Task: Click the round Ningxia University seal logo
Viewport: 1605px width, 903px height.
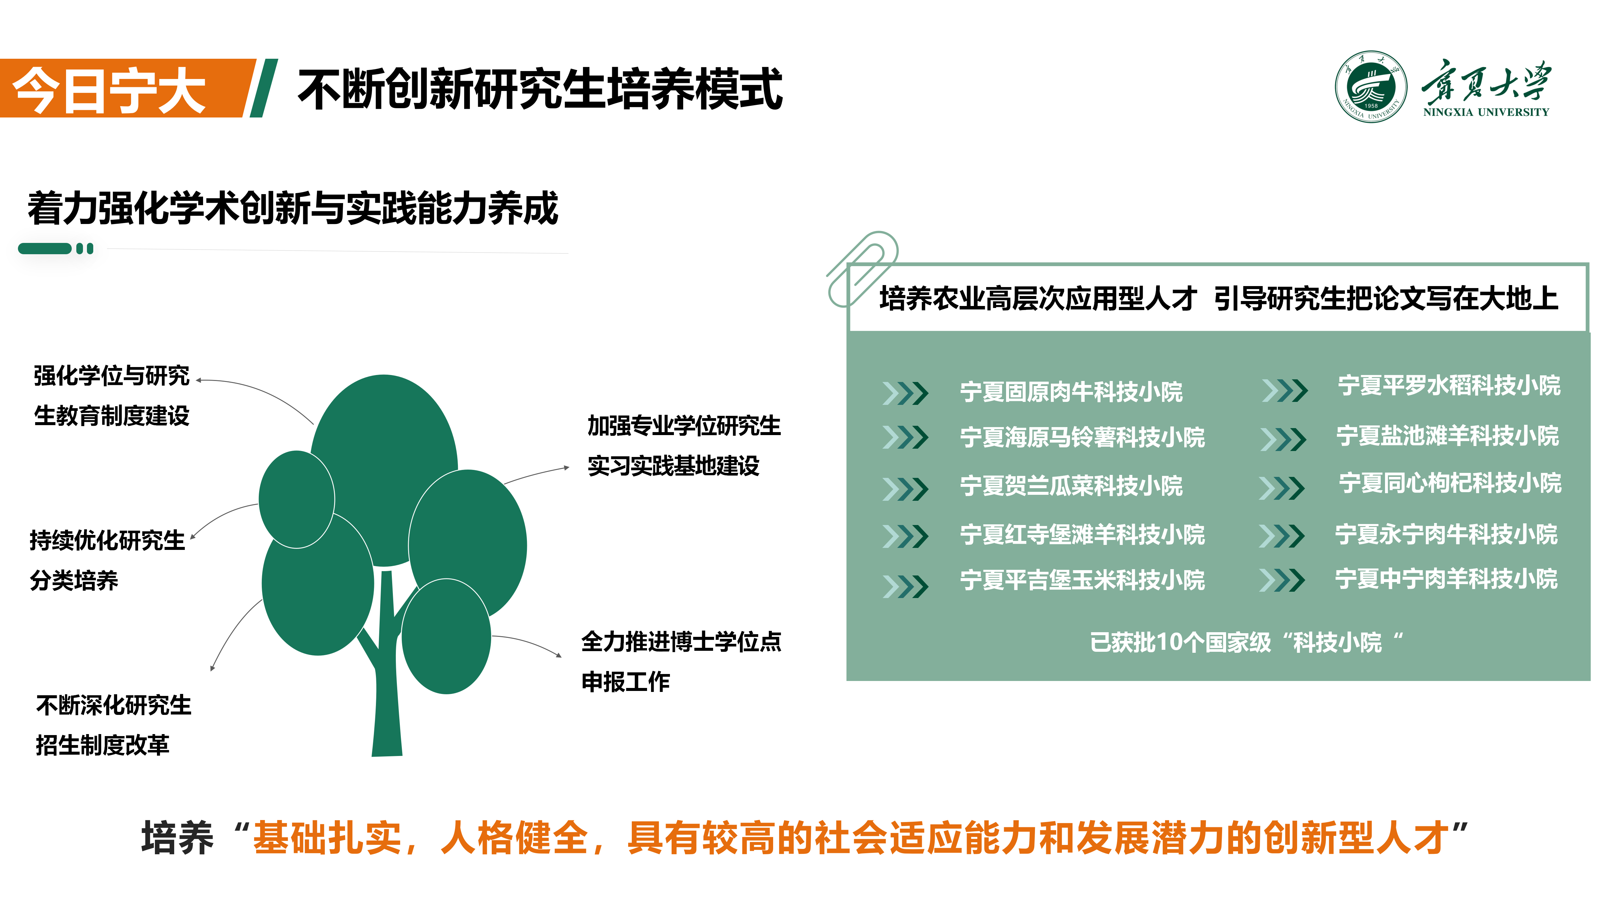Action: [x=1370, y=87]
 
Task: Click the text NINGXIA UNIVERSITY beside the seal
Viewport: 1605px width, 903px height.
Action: [x=1486, y=112]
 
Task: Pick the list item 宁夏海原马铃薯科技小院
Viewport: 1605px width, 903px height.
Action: [x=1082, y=437]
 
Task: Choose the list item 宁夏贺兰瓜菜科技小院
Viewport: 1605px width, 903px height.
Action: [x=1071, y=486]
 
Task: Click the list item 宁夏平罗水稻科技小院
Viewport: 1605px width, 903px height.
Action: [x=1449, y=385]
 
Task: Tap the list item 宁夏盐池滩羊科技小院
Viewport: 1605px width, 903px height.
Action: [x=1447, y=435]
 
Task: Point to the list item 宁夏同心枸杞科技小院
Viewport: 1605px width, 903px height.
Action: [x=1450, y=482]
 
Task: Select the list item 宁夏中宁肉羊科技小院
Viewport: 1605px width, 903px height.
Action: [x=1446, y=578]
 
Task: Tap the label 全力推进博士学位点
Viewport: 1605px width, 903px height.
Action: [x=681, y=641]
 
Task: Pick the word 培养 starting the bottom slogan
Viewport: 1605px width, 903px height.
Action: [x=178, y=837]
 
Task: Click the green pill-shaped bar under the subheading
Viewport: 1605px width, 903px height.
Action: [x=45, y=249]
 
